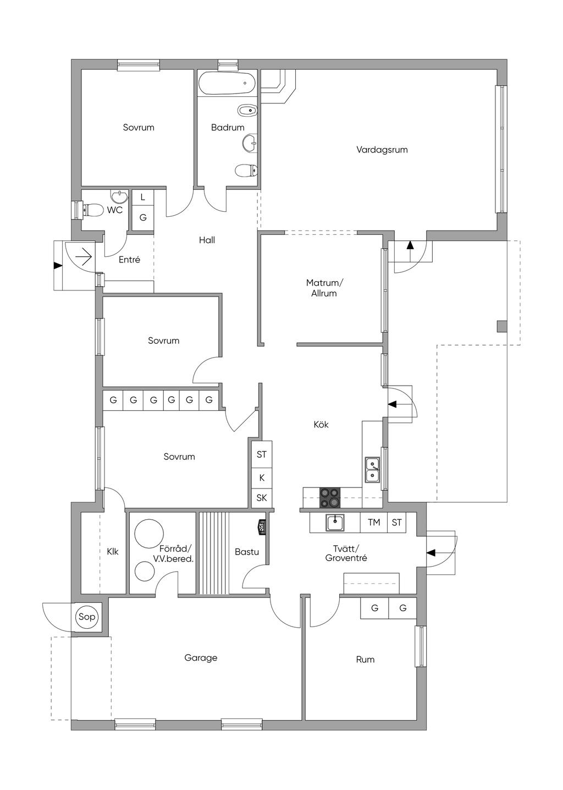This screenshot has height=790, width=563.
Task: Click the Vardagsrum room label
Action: tap(382, 150)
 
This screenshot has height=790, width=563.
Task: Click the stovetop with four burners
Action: tap(330, 498)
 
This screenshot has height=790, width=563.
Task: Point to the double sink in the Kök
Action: tap(372, 469)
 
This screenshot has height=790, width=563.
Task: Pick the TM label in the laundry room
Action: tap(374, 522)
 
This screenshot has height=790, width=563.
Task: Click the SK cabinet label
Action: tap(262, 498)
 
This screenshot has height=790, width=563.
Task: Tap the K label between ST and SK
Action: tap(262, 478)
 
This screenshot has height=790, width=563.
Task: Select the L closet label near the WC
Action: tap(143, 197)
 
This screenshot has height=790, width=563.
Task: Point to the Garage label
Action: tap(201, 658)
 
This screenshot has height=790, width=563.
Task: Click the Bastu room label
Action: tap(247, 552)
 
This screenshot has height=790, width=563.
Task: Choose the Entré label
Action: tap(129, 260)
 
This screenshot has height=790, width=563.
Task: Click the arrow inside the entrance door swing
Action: tap(84, 257)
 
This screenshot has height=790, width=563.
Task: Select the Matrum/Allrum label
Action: tap(324, 288)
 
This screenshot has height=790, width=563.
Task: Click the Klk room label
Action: tap(113, 551)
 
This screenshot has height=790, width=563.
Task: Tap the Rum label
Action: tap(365, 660)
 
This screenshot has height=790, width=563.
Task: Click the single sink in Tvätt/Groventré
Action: tap(335, 522)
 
